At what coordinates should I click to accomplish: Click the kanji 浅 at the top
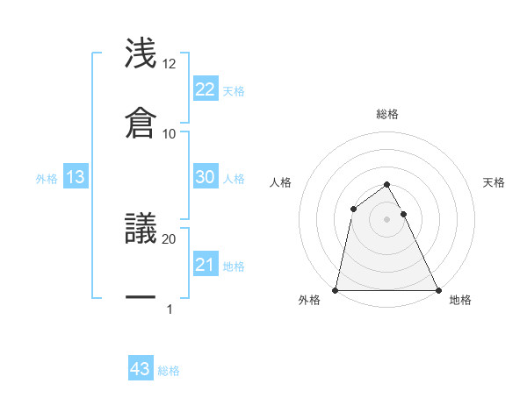[x=141, y=53]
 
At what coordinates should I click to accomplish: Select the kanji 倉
[x=141, y=122]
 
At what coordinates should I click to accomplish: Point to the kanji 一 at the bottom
[x=141, y=297]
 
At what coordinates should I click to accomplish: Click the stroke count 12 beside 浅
[x=170, y=64]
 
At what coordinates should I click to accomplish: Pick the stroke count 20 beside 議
[x=170, y=238]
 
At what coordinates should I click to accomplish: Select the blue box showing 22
[x=205, y=89]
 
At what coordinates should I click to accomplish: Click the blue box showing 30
[x=205, y=176]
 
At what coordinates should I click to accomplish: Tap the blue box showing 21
[x=205, y=265]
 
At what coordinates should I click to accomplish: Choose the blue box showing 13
[x=76, y=177]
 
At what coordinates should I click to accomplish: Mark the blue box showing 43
[x=141, y=369]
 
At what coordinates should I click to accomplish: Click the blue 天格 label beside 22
[x=234, y=91]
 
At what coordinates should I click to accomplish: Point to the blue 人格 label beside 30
[x=234, y=179]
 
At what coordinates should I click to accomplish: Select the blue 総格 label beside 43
[x=169, y=371]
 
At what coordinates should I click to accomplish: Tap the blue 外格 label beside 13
[x=47, y=179]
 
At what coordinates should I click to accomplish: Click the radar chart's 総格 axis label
[x=386, y=114]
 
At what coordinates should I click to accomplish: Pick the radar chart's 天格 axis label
[x=494, y=182]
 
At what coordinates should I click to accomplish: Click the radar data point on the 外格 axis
[x=336, y=290]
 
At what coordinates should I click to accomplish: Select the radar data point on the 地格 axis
[x=437, y=290]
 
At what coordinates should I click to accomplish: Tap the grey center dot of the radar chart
[x=386, y=219]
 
